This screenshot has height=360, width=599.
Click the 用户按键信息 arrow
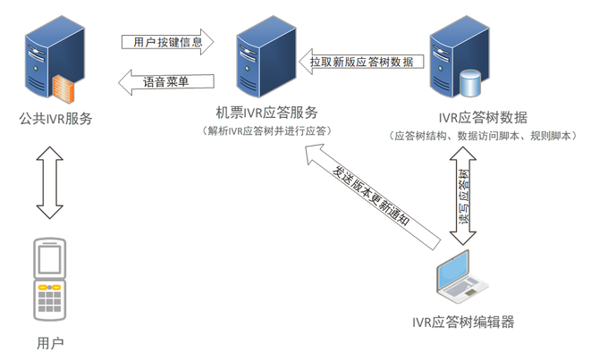[168, 42]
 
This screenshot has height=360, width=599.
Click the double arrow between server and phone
[50, 182]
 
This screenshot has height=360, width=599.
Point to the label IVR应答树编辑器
[463, 322]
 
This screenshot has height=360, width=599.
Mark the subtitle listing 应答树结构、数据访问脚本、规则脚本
[483, 136]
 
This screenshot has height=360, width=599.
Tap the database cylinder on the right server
[471, 83]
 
